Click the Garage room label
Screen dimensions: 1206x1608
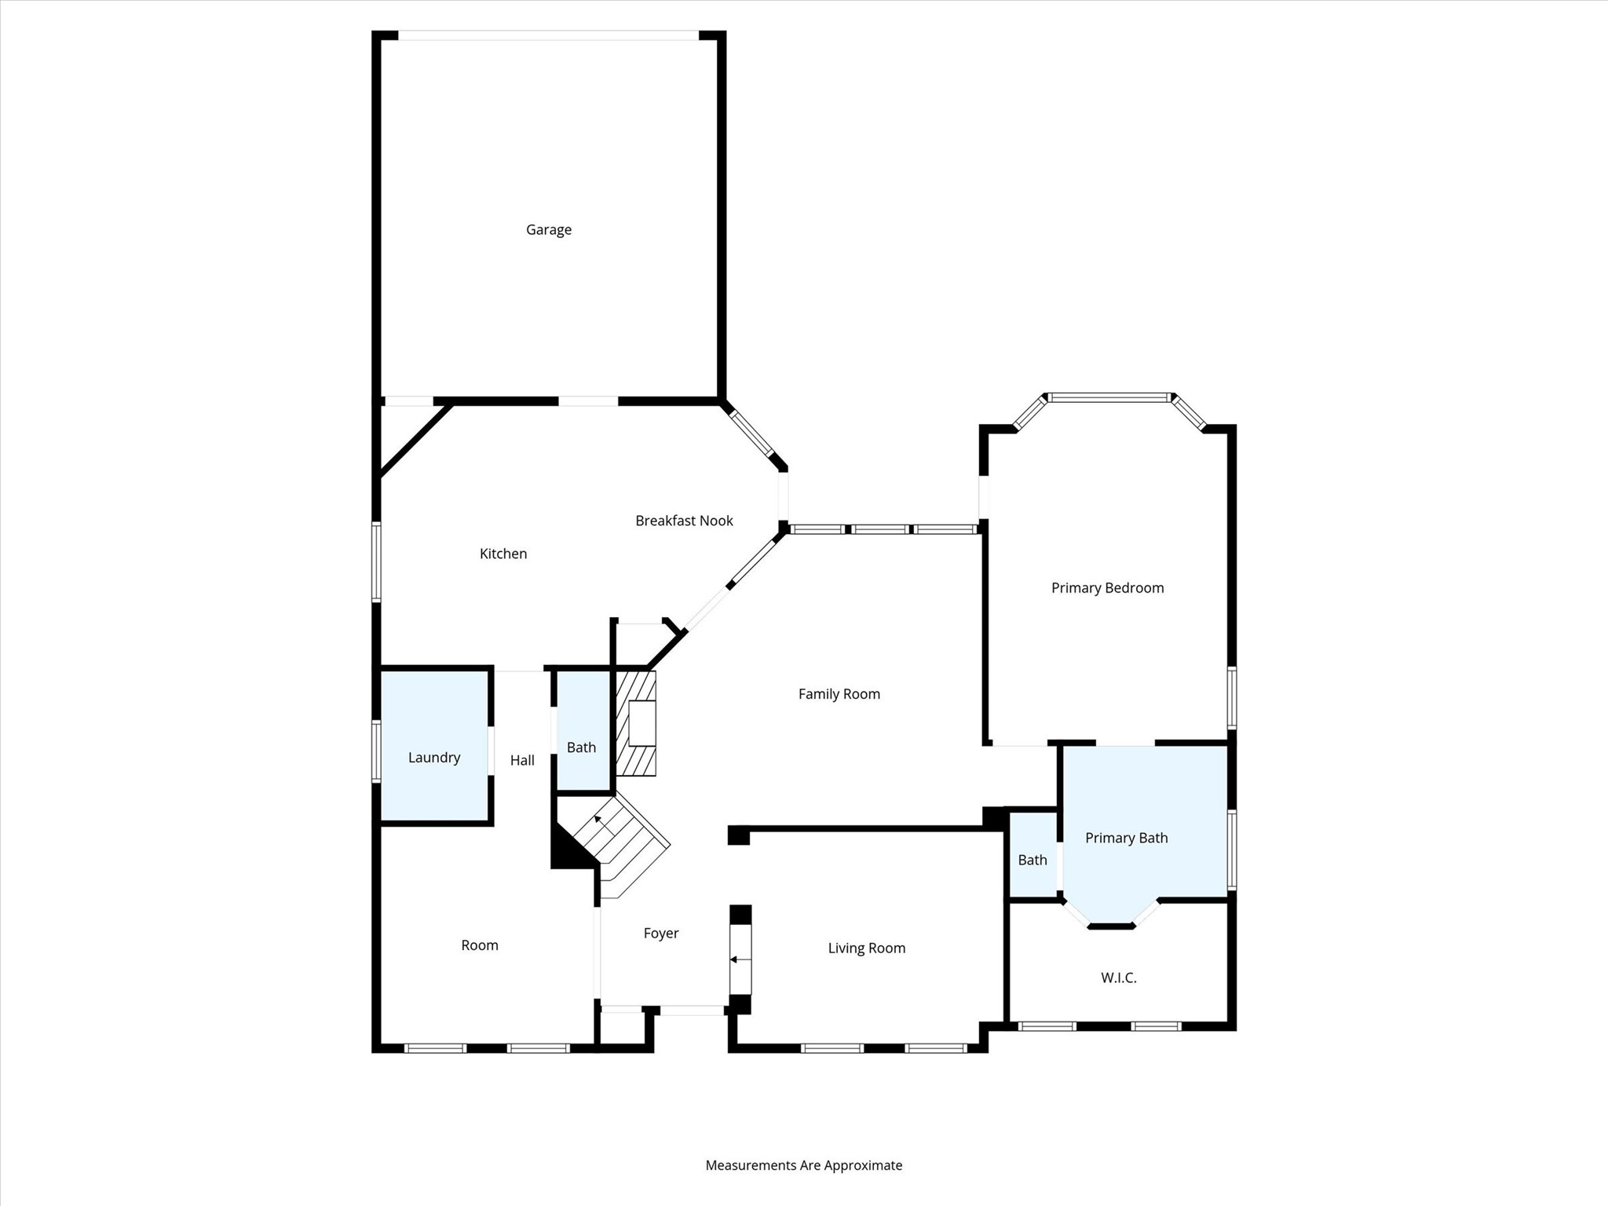(x=548, y=230)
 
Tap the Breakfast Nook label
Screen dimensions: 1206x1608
(x=684, y=521)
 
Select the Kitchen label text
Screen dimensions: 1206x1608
(x=502, y=554)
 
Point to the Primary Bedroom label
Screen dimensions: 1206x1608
(x=1107, y=588)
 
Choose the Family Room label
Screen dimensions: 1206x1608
(x=839, y=694)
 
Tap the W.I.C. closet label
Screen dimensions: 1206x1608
(x=1118, y=978)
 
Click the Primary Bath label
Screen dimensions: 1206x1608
(x=1126, y=838)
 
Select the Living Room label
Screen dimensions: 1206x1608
(x=866, y=948)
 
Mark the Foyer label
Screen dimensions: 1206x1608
(x=660, y=934)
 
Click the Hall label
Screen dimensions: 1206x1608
(x=522, y=760)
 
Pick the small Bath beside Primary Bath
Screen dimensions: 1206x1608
(x=1032, y=861)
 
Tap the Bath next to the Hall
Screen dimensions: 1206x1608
(x=581, y=747)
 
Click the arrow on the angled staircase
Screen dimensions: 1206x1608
(x=598, y=820)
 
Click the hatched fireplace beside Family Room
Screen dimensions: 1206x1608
(x=636, y=723)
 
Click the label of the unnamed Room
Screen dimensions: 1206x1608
(x=479, y=945)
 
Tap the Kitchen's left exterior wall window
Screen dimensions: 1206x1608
(x=376, y=562)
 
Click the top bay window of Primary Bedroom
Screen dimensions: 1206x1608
(x=1109, y=397)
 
